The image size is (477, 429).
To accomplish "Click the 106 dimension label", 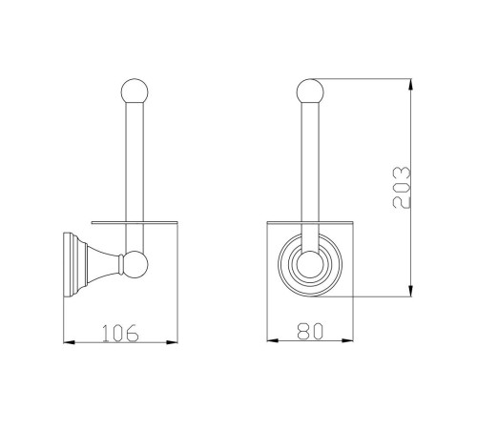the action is (x=120, y=333).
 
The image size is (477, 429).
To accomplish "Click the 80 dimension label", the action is (x=310, y=331).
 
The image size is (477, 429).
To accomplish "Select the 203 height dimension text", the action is (x=402, y=187).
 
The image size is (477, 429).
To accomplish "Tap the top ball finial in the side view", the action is (x=135, y=92).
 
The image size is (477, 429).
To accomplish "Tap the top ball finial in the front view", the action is (x=310, y=92).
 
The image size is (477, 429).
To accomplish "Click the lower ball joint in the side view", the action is (x=135, y=264).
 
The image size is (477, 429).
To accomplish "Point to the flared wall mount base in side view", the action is (x=92, y=265).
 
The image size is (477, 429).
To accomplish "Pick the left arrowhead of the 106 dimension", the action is (x=69, y=342).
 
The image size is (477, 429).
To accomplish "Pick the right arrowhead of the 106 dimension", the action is (x=172, y=342).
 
